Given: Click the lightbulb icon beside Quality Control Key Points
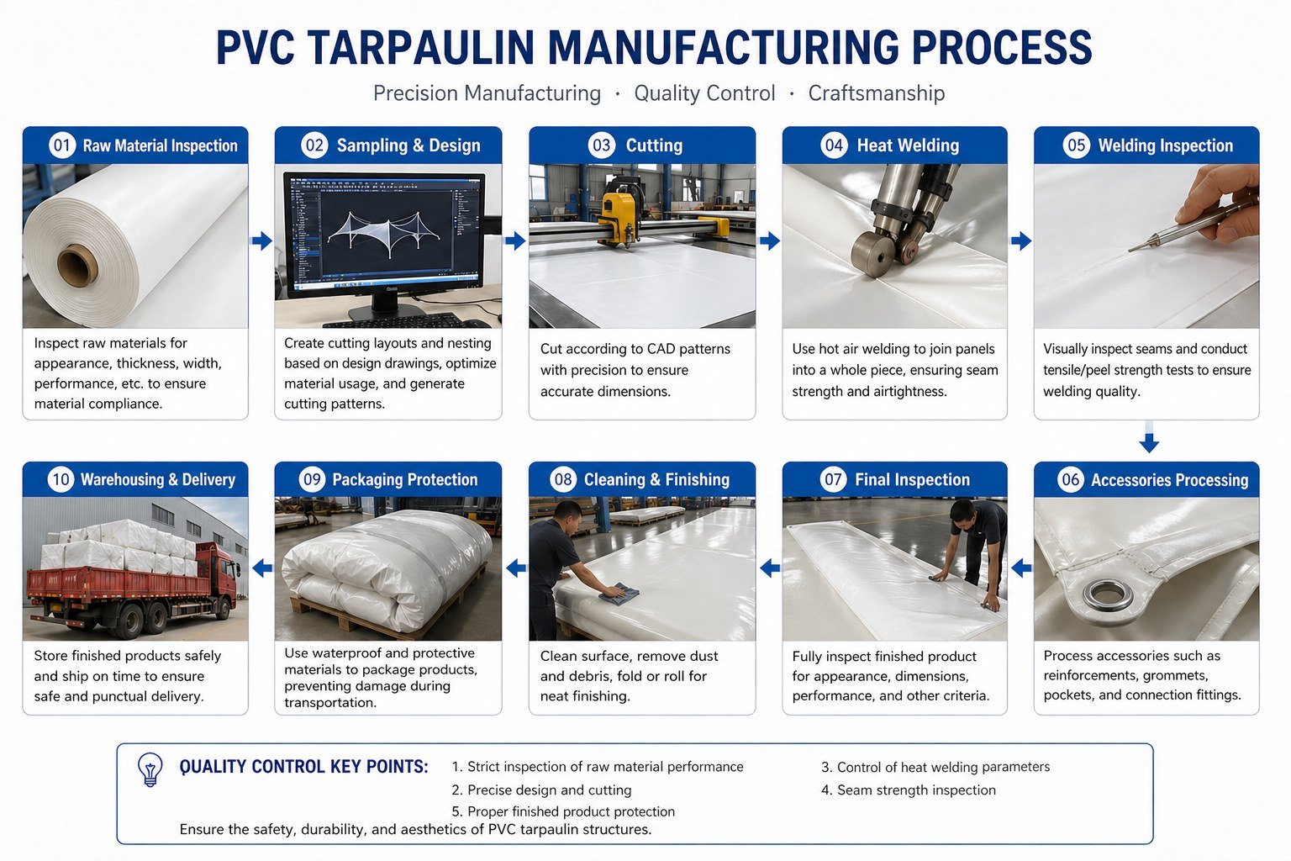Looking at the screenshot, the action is click(x=150, y=769).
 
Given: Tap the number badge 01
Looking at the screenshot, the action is click(x=62, y=145).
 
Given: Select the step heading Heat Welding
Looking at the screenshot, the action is click(x=908, y=145).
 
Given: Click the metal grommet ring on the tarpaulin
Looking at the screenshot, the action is click(x=1107, y=596).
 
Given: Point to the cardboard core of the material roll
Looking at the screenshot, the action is click(x=78, y=266).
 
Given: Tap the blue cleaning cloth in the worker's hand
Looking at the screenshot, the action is click(x=619, y=594).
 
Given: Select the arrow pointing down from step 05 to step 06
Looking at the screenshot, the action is click(x=1149, y=437).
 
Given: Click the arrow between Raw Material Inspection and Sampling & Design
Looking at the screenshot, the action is click(x=261, y=240).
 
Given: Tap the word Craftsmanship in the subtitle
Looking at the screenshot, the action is click(x=876, y=92).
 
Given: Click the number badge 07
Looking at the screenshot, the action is click(x=833, y=479).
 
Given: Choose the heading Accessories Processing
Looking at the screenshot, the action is click(x=1169, y=480).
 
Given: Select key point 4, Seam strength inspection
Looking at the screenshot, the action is click(x=909, y=790).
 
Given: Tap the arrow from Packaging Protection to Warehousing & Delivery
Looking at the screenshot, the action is click(x=262, y=568).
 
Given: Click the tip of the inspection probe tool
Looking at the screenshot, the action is click(x=1129, y=251).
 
